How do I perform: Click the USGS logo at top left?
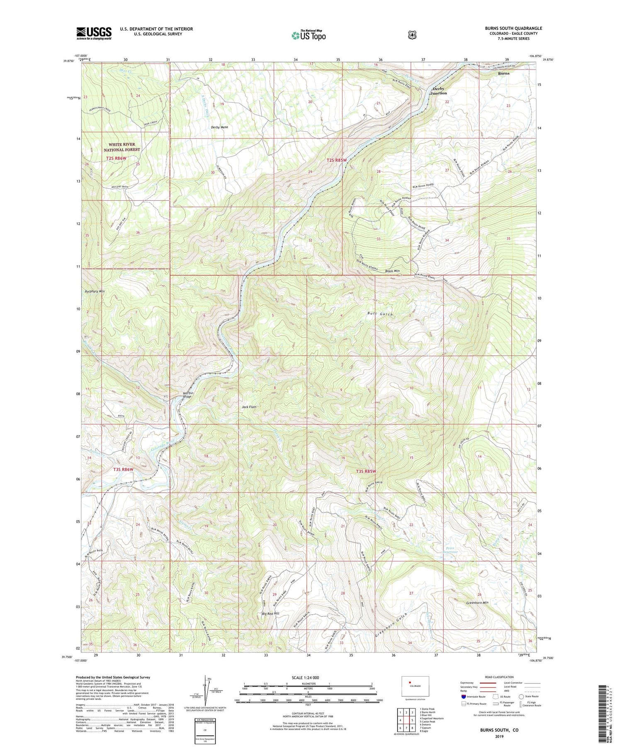(x=94, y=33)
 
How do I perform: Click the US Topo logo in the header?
(x=309, y=35)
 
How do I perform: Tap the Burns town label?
(x=504, y=73)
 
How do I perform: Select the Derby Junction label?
(x=438, y=91)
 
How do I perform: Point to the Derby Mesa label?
(x=219, y=127)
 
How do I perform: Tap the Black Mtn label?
(x=392, y=271)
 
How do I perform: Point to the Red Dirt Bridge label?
(x=187, y=395)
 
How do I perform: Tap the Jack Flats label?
(x=249, y=407)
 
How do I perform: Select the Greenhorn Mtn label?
(x=477, y=603)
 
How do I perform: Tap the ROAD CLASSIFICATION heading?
(x=497, y=677)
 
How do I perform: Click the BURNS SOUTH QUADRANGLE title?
(x=513, y=28)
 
